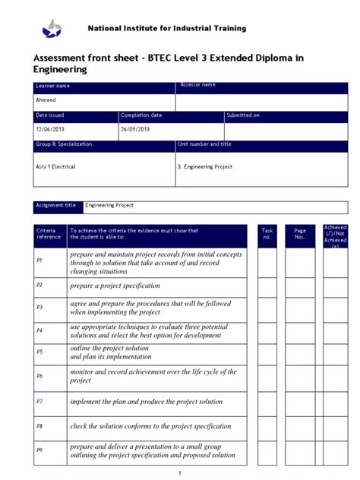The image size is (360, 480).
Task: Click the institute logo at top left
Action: click(x=52, y=30)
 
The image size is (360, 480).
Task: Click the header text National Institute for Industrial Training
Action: click(x=166, y=28)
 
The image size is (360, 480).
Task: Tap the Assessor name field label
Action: click(x=198, y=85)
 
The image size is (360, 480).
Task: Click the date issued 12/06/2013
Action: click(x=50, y=129)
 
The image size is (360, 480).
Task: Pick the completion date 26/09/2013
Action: click(x=135, y=129)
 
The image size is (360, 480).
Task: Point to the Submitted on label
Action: click(x=243, y=115)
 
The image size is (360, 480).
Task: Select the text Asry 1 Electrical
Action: click(x=56, y=166)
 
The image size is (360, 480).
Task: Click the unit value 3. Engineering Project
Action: click(x=205, y=166)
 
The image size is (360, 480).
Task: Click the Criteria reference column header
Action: click(x=49, y=233)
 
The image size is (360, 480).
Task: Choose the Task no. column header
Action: click(x=267, y=233)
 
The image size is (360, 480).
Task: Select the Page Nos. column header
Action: click(x=299, y=233)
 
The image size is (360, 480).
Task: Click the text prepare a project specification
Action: click(x=115, y=286)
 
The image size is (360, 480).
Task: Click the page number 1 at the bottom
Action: click(x=180, y=473)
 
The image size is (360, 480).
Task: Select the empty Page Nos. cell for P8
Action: click(x=299, y=426)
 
